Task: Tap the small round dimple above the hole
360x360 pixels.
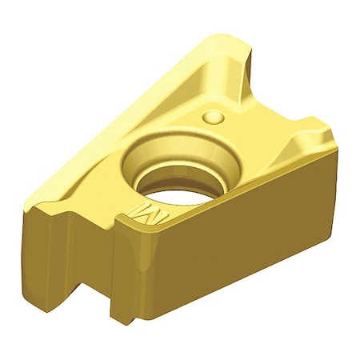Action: coord(214,118)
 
